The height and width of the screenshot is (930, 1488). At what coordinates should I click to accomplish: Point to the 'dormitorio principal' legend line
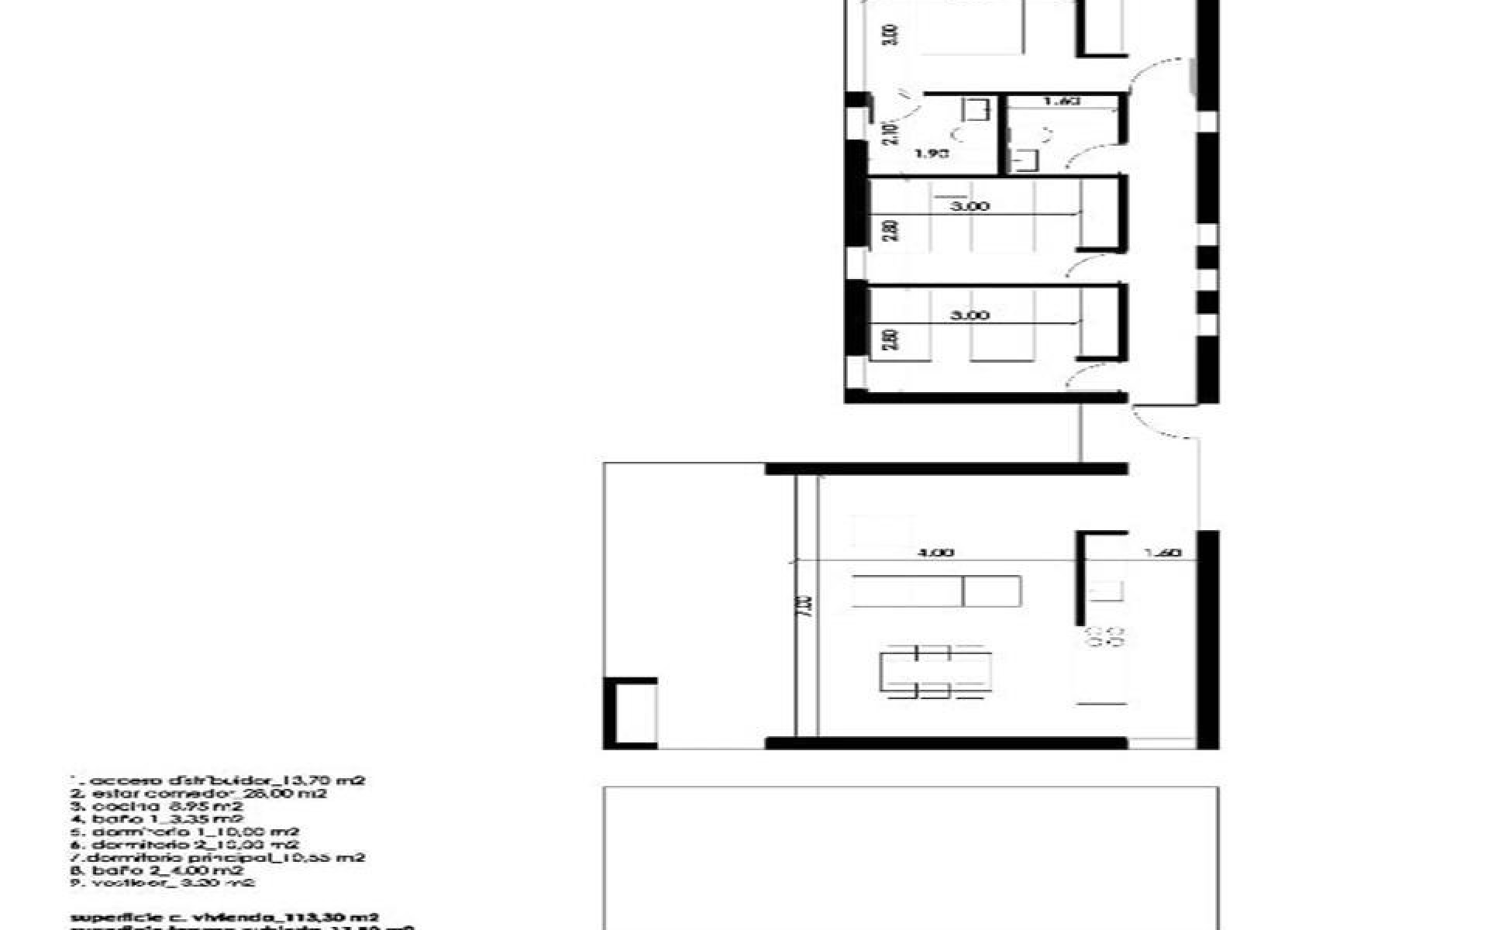click(x=226, y=857)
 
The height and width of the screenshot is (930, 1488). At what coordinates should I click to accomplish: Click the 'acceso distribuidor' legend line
click(x=217, y=780)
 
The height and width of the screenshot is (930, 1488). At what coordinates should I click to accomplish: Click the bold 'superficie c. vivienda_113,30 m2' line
click(x=225, y=918)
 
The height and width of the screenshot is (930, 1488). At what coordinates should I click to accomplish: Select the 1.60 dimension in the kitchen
click(x=1162, y=553)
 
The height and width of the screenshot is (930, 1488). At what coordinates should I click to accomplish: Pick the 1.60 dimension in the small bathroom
click(x=1062, y=101)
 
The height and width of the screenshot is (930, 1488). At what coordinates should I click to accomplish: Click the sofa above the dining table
click(x=935, y=591)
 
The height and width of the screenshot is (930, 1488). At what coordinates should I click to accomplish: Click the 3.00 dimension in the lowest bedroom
click(x=970, y=315)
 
